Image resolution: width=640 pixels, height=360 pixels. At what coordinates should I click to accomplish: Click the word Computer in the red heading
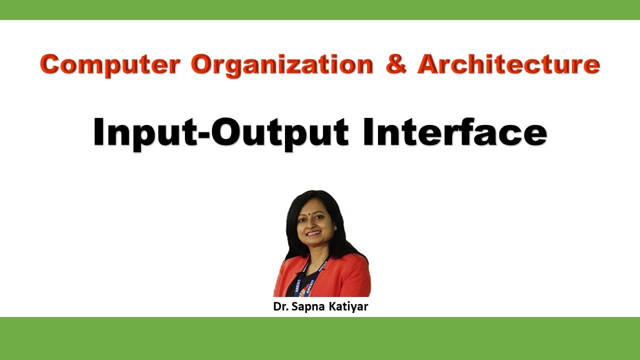pos(110,65)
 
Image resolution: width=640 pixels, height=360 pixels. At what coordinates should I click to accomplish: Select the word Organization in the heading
pos(282,65)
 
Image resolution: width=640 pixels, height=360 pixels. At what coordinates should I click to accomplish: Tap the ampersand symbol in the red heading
pos(396,65)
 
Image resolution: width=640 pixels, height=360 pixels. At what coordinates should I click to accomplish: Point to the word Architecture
pos(508,65)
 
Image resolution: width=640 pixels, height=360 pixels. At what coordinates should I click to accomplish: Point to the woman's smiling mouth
pos(313,233)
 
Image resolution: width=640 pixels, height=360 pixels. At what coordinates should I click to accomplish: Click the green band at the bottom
pos(320,338)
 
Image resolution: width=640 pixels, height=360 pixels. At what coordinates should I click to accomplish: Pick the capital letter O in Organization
pos(203,65)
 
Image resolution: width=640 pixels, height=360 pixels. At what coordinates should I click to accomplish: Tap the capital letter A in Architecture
pos(429,65)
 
